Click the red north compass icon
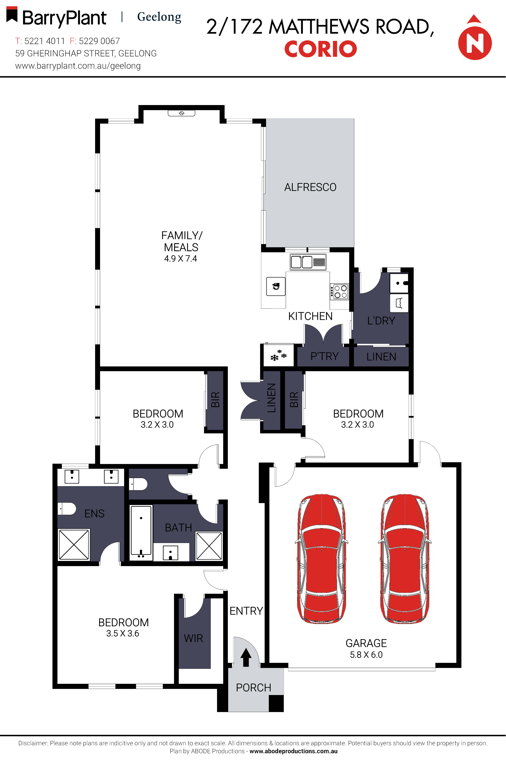(x=475, y=42)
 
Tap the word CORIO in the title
(x=320, y=49)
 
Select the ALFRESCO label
(x=310, y=187)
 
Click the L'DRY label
(x=381, y=321)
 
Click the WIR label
(x=194, y=638)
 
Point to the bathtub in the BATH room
(x=141, y=533)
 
